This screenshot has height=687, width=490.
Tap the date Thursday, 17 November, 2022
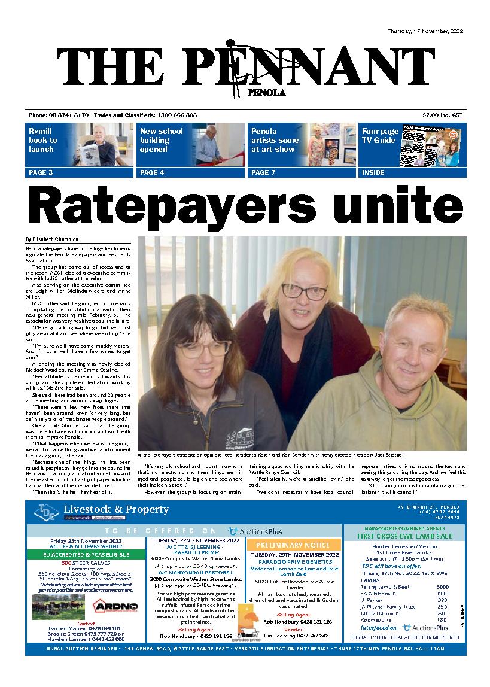(425, 31)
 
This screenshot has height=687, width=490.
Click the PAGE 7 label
(264, 172)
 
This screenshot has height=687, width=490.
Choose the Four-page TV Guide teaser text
(379, 136)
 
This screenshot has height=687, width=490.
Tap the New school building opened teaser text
(162, 140)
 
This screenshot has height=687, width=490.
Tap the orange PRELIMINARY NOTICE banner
(297, 545)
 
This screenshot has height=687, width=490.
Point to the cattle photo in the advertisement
(59, 606)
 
